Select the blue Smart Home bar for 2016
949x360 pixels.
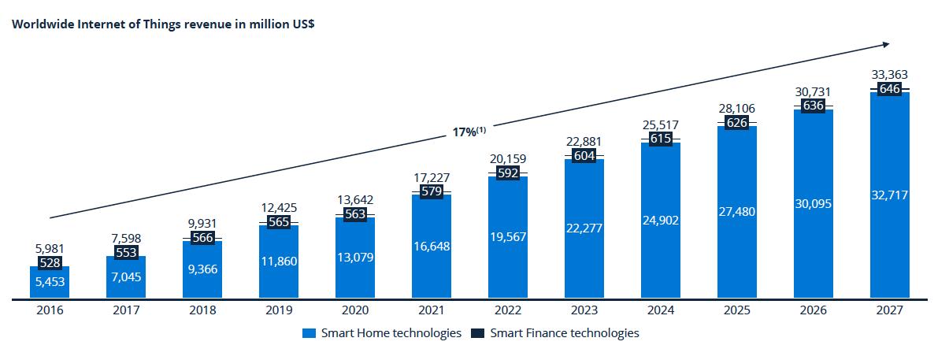(49, 284)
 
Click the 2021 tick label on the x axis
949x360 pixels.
(431, 310)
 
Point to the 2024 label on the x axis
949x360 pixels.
(660, 310)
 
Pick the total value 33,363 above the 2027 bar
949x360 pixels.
(890, 75)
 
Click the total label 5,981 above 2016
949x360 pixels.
(49, 248)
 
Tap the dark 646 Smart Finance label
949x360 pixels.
(890, 88)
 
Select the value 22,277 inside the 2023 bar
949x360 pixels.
(584, 228)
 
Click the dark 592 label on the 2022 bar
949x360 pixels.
(507, 173)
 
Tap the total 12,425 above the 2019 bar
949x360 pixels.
(278, 208)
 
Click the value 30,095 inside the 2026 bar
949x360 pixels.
(813, 204)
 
